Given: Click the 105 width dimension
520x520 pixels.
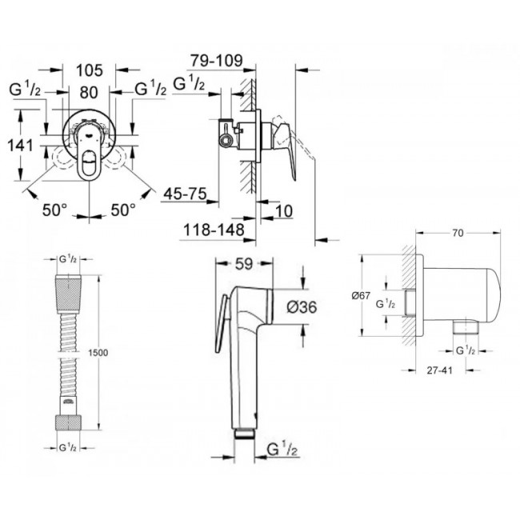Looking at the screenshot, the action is point(90,70).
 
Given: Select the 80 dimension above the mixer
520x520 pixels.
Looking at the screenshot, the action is point(89,93).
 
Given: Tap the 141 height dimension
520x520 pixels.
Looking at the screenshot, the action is point(20,146).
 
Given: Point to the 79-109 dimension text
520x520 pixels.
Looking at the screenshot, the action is point(217,61).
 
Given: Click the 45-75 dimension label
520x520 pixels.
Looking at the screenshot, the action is point(185,194).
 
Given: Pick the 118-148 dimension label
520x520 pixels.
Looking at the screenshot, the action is point(214,230).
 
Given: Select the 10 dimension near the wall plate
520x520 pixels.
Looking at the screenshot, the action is point(284,211).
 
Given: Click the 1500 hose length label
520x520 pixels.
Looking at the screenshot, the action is point(98,353).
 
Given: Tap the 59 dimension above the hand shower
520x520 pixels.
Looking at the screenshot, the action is point(244,264).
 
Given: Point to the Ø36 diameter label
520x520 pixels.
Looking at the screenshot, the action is point(302,307).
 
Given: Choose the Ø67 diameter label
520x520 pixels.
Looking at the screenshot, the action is point(361,295).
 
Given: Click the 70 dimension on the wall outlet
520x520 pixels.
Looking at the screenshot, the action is point(458,234).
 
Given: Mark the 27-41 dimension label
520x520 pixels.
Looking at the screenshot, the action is point(439,370).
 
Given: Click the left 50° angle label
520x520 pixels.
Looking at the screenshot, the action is point(54,210).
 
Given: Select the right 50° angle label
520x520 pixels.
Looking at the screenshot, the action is point(123,210).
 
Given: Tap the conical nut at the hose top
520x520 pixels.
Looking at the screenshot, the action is point(68,294).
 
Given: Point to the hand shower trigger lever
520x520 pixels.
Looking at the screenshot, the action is point(221,324).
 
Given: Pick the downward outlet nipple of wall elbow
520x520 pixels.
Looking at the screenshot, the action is point(466,326).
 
